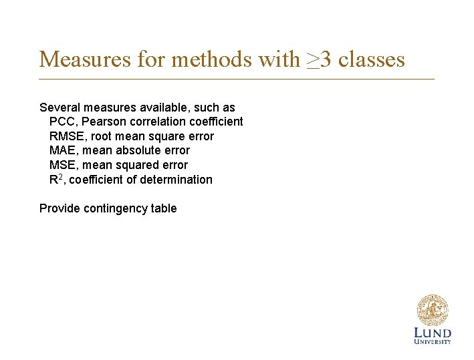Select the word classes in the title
point(372,59)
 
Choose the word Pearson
point(102,122)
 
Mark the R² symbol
point(56,179)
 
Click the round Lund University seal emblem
point(433,311)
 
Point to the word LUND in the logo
point(433,333)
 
